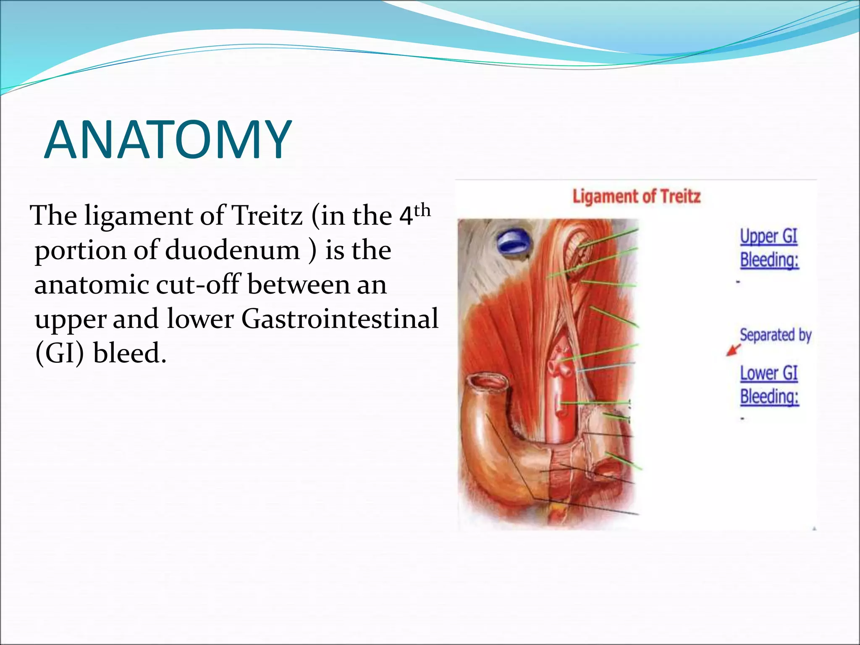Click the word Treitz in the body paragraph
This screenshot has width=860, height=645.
pos(267,216)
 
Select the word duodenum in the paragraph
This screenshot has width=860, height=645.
pos(232,250)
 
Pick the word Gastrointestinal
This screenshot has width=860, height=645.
pos(339,319)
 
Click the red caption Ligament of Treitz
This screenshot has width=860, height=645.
pos(636,197)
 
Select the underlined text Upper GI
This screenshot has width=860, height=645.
pos(768,236)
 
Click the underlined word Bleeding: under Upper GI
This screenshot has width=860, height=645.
pos(769,260)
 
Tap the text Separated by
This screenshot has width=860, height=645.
pos(775,335)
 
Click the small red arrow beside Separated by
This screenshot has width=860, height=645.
pos(733,350)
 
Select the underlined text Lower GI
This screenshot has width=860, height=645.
pos(768,373)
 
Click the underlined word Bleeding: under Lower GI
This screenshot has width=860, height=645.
pos(769,396)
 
